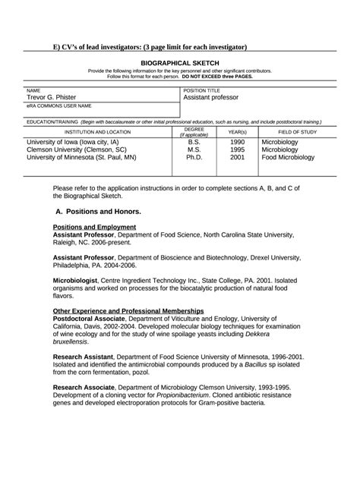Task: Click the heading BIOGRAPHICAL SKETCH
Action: [179, 63]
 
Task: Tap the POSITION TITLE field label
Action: [202, 90]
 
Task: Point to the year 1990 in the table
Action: [237, 142]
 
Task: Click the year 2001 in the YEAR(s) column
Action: [237, 158]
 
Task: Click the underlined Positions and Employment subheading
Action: [95, 227]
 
